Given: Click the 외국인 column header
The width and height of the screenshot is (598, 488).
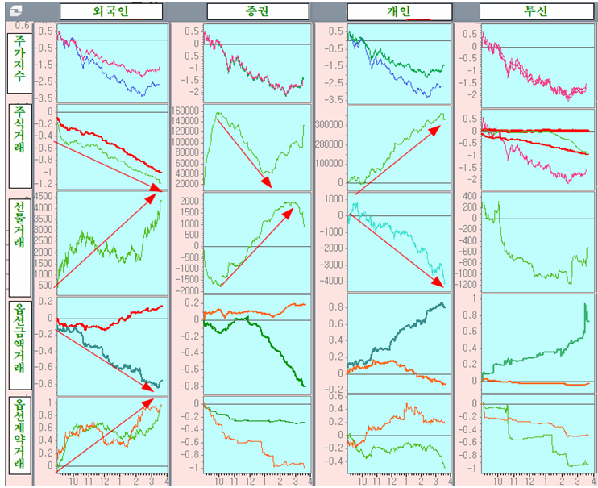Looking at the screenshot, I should pos(111,11).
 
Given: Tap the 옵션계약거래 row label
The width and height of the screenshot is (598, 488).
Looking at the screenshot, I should pos(19,436).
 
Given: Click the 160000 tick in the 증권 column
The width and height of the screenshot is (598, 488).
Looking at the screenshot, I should pos(187,112).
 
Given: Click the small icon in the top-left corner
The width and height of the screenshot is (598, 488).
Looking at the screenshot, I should pos(16,10).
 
